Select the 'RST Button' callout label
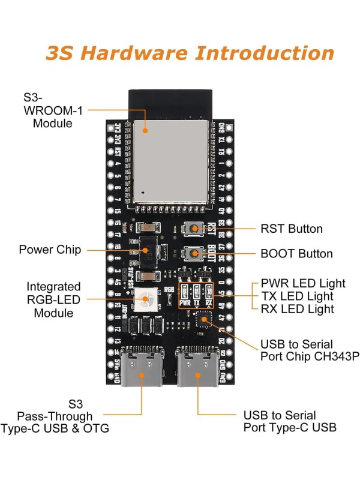291,229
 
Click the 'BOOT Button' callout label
296,253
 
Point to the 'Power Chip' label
50,250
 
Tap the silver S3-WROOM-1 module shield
169,161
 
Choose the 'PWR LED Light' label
303,283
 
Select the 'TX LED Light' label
297,296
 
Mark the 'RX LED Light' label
297,309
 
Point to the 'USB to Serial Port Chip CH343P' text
309,350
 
